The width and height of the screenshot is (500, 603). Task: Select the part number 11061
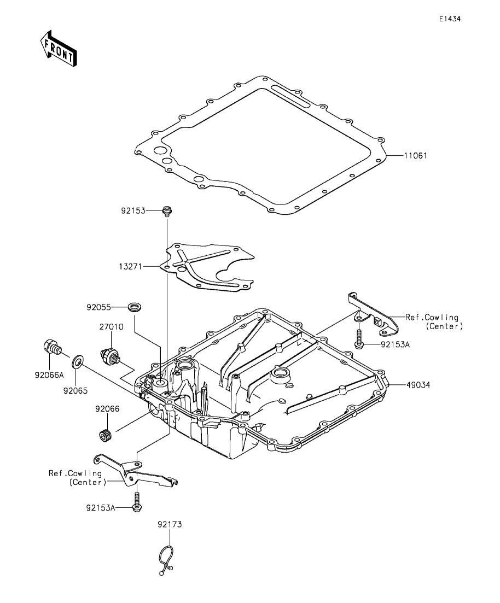(415, 156)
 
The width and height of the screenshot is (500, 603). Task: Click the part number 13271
(131, 266)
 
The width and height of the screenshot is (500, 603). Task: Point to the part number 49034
(418, 384)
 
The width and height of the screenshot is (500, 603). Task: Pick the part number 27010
(111, 327)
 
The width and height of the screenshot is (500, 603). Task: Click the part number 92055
(98, 307)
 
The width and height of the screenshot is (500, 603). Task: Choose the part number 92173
(170, 524)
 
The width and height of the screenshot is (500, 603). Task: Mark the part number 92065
(75, 391)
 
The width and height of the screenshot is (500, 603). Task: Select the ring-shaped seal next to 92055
(135, 307)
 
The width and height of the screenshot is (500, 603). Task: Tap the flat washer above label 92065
(77, 361)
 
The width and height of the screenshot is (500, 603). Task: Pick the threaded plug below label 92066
(104, 436)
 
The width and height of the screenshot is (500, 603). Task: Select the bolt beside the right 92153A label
(359, 339)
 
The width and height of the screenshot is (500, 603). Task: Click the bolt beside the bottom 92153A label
(137, 504)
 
